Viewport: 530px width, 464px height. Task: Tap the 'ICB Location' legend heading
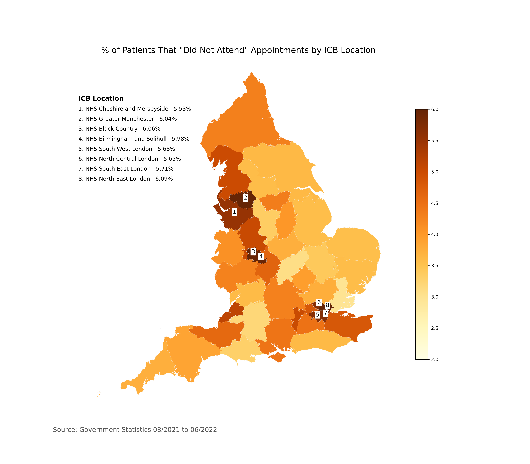click(101, 99)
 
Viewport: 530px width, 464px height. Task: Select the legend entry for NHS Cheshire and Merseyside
click(135, 109)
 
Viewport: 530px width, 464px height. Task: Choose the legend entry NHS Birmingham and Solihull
click(134, 139)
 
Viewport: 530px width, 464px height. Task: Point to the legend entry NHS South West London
click(127, 149)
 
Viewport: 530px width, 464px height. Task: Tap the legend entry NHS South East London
click(126, 169)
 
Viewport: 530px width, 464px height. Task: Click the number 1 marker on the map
click(234, 212)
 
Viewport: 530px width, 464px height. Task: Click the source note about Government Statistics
click(135, 430)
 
